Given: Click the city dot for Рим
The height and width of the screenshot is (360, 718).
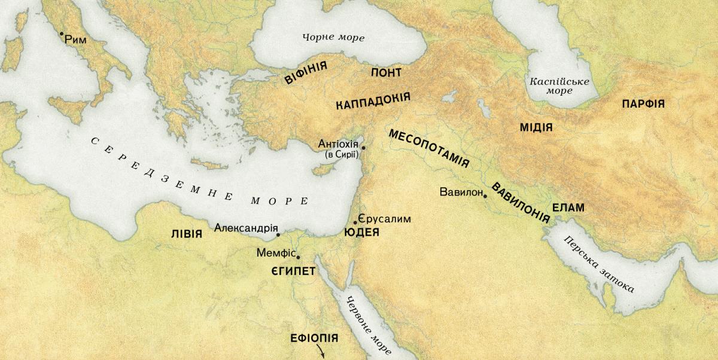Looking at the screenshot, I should [x=61, y=33].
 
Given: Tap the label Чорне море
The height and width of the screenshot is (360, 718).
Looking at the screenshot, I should [x=333, y=38].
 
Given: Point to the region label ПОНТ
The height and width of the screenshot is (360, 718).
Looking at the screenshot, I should [x=386, y=72].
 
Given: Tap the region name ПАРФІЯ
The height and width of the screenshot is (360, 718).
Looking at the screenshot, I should [x=643, y=103].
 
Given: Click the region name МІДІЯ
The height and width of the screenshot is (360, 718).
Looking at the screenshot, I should [x=536, y=127].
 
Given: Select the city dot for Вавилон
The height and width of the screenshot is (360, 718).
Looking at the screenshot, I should [x=485, y=196].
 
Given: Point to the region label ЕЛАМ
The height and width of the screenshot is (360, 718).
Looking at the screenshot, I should [x=568, y=208].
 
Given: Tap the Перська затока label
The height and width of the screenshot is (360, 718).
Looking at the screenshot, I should [x=598, y=263].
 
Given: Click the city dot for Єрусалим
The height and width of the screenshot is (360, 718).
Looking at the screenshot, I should [x=355, y=222].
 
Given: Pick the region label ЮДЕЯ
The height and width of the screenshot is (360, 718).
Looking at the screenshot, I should [x=362, y=233].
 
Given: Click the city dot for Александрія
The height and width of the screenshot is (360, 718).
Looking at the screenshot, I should [x=278, y=235].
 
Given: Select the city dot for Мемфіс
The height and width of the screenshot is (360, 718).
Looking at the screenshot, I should [x=298, y=258].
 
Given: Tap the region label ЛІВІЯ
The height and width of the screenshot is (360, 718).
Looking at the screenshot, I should [x=186, y=233].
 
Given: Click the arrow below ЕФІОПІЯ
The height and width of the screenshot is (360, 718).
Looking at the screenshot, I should [x=321, y=351].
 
